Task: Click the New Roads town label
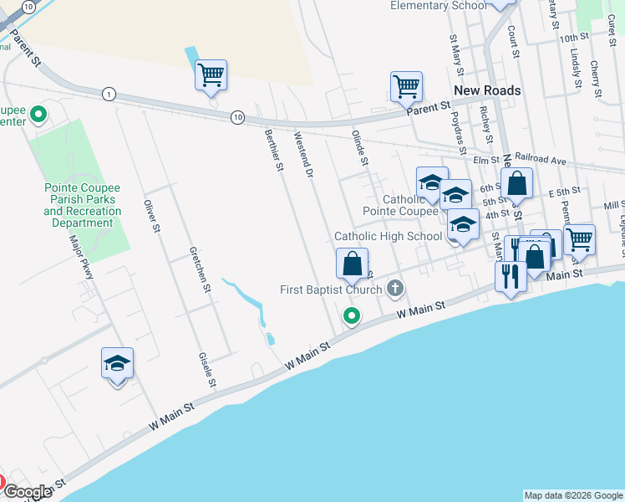pos(487,90)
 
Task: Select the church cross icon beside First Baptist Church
pos(396,289)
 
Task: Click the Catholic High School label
pos(388,237)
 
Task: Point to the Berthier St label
pos(274,151)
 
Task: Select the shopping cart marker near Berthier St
pos(211,75)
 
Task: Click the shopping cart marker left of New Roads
pos(405,85)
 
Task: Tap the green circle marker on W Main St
pos(353,315)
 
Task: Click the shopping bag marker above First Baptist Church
pos(353,263)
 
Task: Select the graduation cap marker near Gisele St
pos(117,362)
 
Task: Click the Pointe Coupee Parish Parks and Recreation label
pos(82,206)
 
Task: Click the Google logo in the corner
pos(28,492)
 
